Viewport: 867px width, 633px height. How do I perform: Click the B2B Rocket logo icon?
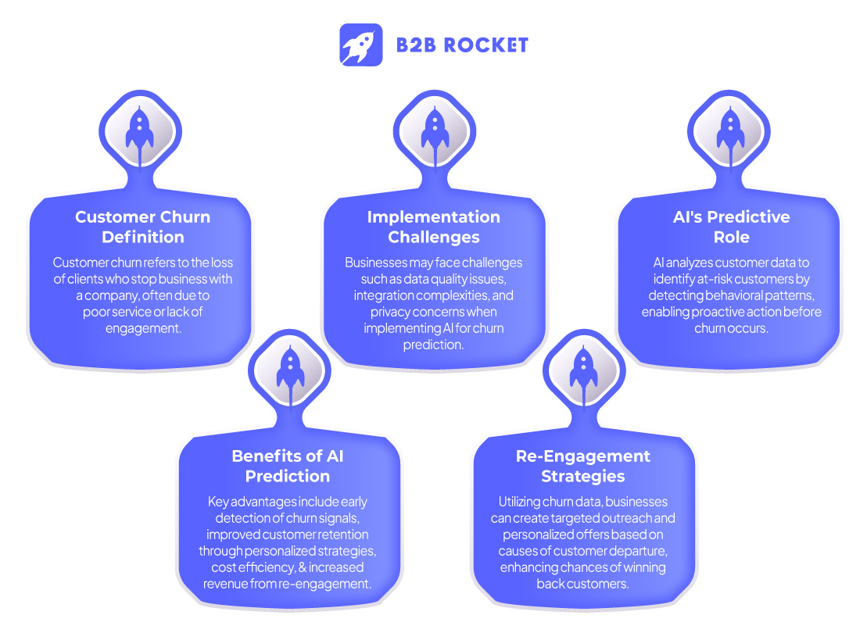point(361,45)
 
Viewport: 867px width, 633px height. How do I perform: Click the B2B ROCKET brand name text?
point(462,45)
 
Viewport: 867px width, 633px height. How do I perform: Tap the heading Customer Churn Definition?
point(142,227)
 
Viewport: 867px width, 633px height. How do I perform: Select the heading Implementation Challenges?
point(434,227)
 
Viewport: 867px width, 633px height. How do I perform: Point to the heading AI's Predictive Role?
point(731,227)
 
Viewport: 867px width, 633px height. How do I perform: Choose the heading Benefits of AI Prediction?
point(288,466)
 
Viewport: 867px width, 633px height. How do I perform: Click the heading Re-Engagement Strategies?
point(582,466)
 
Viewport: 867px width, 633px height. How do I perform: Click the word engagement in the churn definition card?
point(142,328)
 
